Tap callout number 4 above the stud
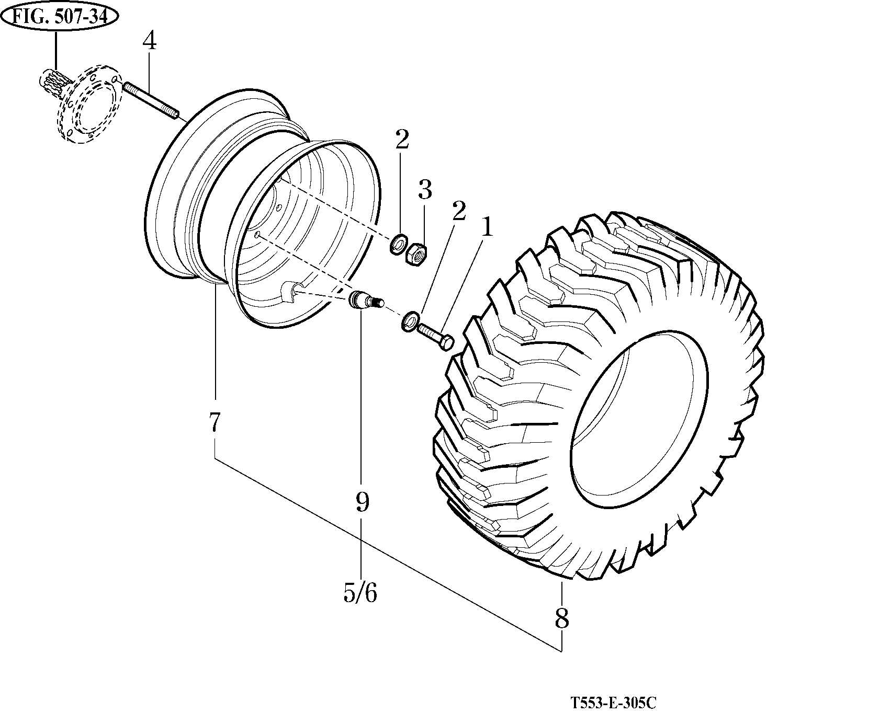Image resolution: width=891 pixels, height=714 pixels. click(x=149, y=41)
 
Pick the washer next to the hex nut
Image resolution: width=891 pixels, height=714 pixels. click(x=399, y=244)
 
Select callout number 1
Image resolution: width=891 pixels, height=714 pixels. click(x=487, y=227)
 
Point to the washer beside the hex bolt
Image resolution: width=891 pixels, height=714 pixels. click(x=410, y=321)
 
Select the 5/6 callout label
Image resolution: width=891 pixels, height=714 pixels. click(x=360, y=593)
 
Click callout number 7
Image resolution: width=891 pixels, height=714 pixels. click(x=215, y=422)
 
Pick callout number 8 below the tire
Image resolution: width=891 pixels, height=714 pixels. click(x=561, y=619)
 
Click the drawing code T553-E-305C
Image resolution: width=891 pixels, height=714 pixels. click(x=613, y=703)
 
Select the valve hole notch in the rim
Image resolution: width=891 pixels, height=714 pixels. click(x=291, y=291)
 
